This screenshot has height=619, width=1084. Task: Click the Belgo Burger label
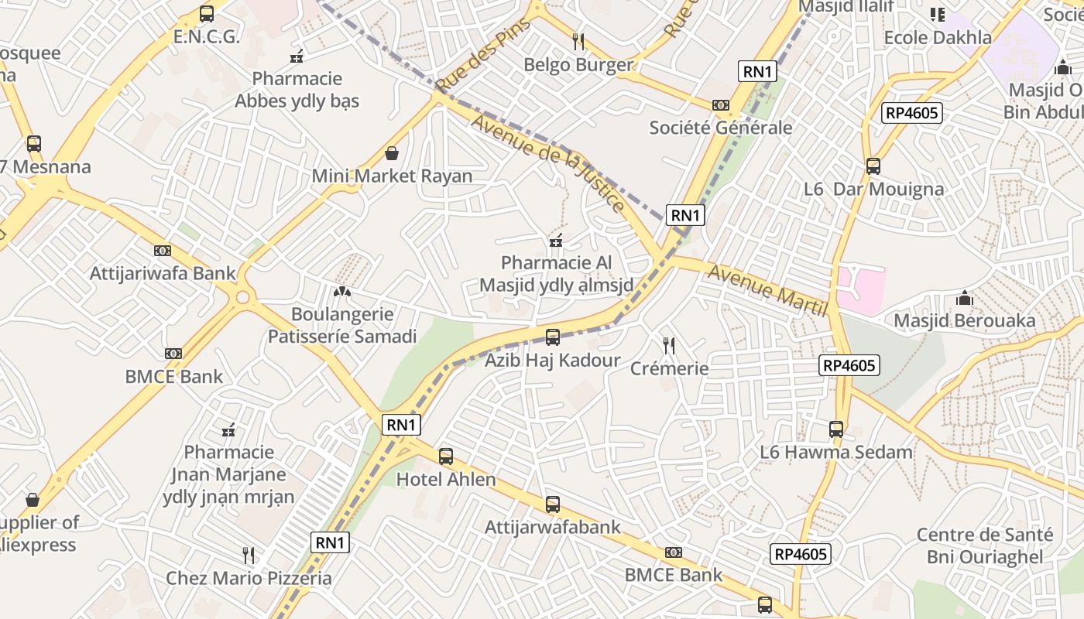[578, 65]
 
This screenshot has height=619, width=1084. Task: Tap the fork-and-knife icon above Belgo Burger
[578, 41]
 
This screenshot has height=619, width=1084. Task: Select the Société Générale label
[720, 128]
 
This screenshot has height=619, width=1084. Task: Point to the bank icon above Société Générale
[720, 105]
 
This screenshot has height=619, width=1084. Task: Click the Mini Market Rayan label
[392, 176]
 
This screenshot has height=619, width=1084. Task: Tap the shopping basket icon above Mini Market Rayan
[392, 153]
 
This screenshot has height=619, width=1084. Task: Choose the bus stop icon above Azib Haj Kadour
[552, 337]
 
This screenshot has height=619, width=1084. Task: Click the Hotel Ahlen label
[446, 480]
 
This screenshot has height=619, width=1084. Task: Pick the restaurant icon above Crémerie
[669, 345]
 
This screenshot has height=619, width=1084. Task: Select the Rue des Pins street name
[482, 56]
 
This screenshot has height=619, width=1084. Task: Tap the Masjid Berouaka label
[964, 320]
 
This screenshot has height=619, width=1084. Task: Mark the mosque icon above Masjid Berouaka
[964, 298]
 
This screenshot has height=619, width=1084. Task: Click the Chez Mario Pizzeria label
[249, 578]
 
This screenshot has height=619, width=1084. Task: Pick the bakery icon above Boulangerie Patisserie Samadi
[341, 292]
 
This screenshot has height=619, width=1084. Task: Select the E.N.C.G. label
[207, 36]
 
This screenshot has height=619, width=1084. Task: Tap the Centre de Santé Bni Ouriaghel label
[985, 545]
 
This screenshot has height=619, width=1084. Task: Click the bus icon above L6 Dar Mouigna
[873, 166]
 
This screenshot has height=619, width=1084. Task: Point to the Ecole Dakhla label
[937, 38]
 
